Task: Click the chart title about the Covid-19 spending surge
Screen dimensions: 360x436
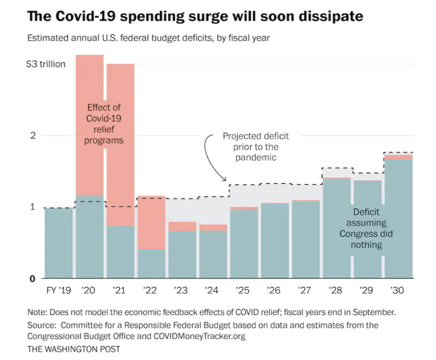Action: [x=195, y=17]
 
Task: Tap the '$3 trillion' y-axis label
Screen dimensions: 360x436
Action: [x=46, y=64]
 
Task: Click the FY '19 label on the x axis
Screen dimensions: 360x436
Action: [x=59, y=290]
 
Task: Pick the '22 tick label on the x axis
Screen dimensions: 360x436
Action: [x=150, y=290]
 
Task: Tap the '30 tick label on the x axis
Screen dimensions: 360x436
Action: [x=396, y=290]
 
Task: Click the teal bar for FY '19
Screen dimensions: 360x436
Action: [x=59, y=243]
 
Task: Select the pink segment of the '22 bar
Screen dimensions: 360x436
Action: [x=151, y=223]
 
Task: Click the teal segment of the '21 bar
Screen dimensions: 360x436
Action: [x=120, y=252]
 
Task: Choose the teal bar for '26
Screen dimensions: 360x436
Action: [x=275, y=241]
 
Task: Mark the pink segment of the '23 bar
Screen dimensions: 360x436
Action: [x=182, y=226]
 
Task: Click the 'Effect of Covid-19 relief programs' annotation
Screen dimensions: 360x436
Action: [x=104, y=124]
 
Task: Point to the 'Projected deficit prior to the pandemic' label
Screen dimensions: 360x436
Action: [x=256, y=147]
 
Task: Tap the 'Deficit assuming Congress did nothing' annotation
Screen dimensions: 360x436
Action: [x=366, y=228]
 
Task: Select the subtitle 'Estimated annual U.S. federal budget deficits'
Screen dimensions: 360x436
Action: [x=148, y=38]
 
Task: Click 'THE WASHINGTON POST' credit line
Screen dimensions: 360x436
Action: [x=73, y=349]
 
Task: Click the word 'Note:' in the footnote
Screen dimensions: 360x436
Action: [x=37, y=312]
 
